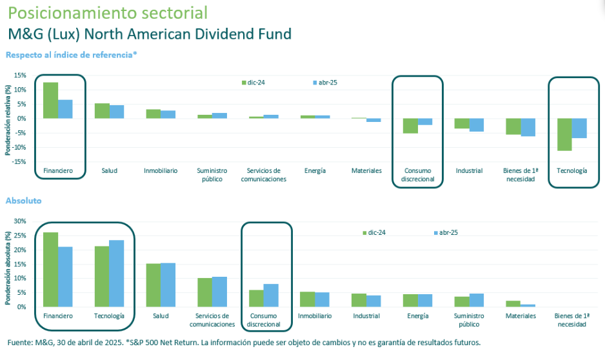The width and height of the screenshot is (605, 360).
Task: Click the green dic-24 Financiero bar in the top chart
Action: tap(50, 101)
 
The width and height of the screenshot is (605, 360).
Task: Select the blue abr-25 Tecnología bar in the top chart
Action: tap(579, 128)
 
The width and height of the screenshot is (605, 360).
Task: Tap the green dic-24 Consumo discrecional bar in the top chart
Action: tap(410, 126)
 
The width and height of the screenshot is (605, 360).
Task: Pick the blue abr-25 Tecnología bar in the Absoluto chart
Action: tap(117, 274)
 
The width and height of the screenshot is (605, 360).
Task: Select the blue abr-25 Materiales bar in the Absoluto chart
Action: tap(528, 305)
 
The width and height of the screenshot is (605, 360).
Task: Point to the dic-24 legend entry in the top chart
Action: tap(257, 83)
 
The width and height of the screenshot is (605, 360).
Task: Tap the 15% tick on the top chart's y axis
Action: tap(20, 75)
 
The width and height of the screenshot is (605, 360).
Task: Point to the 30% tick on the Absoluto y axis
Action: tap(20, 221)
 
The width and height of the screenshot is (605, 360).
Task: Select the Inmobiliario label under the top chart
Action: tap(161, 171)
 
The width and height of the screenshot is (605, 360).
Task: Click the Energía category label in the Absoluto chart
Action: tap(417, 316)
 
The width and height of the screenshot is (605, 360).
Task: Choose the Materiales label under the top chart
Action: tap(366, 171)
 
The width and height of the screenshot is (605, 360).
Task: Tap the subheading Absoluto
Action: tap(24, 201)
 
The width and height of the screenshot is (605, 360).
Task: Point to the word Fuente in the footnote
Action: tap(19, 342)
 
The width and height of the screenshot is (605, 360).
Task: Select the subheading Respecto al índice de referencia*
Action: tap(72, 55)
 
